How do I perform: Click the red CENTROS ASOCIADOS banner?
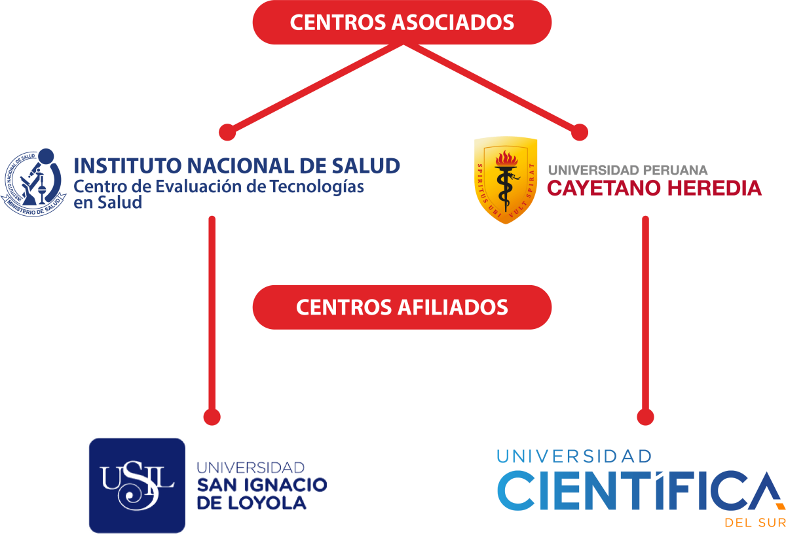(402, 22)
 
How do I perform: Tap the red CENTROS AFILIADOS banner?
(402, 307)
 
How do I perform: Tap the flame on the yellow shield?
(505, 159)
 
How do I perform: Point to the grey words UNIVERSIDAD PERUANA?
(627, 170)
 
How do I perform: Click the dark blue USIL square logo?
(137, 485)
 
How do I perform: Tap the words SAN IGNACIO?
(261, 485)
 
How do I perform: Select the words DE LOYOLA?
(251, 502)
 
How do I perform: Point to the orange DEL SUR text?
(754, 523)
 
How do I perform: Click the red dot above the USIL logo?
(212, 417)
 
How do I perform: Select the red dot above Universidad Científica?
(645, 417)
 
